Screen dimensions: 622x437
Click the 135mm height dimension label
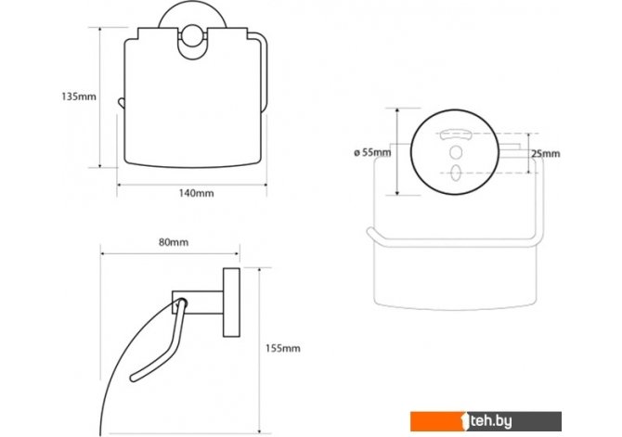click(x=79, y=96)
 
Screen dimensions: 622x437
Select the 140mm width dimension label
click(x=196, y=193)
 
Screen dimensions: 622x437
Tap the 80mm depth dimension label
click(x=174, y=242)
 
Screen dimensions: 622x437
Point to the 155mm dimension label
click(x=282, y=348)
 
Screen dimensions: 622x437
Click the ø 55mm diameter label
click(x=372, y=152)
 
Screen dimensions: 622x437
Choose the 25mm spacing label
click(x=546, y=153)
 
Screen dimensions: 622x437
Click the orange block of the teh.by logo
click(x=436, y=421)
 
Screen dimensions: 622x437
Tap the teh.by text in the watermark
click(x=491, y=421)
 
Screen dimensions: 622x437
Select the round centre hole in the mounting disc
click(x=456, y=153)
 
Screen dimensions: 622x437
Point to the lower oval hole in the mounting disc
click(x=456, y=173)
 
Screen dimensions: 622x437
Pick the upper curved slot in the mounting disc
click(x=456, y=134)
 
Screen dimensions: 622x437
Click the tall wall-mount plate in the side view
click(x=231, y=303)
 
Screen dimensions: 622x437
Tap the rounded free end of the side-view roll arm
click(x=134, y=378)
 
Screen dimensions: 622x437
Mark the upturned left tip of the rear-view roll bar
click(x=370, y=231)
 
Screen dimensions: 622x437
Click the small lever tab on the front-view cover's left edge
click(x=121, y=102)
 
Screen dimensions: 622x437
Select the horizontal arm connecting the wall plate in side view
click(x=198, y=302)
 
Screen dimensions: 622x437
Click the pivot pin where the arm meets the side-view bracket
click(x=181, y=303)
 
